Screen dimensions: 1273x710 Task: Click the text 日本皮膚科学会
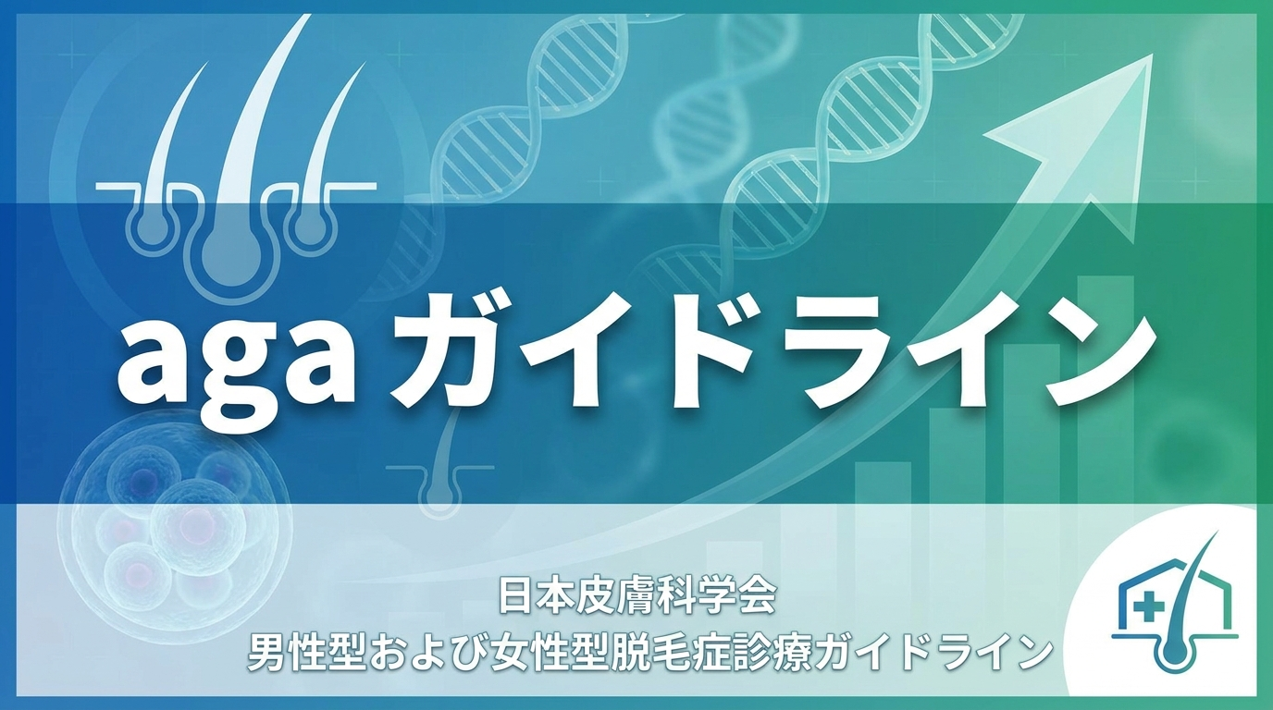(637, 596)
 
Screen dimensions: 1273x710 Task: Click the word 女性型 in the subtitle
(540, 654)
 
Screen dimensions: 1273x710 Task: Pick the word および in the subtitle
(423, 654)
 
